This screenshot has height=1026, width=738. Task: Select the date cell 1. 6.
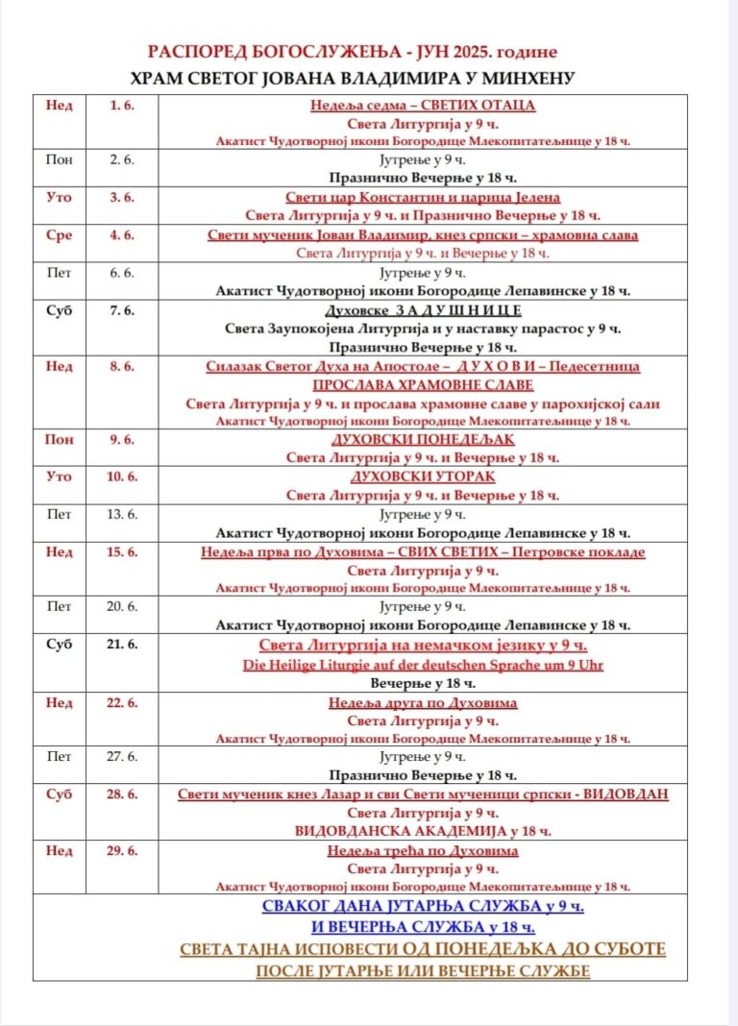(122, 105)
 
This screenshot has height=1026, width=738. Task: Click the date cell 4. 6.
(122, 234)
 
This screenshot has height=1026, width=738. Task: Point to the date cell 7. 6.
(122, 310)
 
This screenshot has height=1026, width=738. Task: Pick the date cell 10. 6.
(122, 476)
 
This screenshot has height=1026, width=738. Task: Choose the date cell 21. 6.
(122, 645)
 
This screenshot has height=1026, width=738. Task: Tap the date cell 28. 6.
(122, 794)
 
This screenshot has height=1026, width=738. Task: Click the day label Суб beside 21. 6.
(59, 645)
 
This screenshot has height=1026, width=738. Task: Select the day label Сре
(59, 234)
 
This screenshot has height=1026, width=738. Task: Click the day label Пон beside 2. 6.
(59, 159)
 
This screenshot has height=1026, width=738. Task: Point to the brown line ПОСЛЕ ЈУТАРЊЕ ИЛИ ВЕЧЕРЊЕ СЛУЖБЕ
(422, 970)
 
